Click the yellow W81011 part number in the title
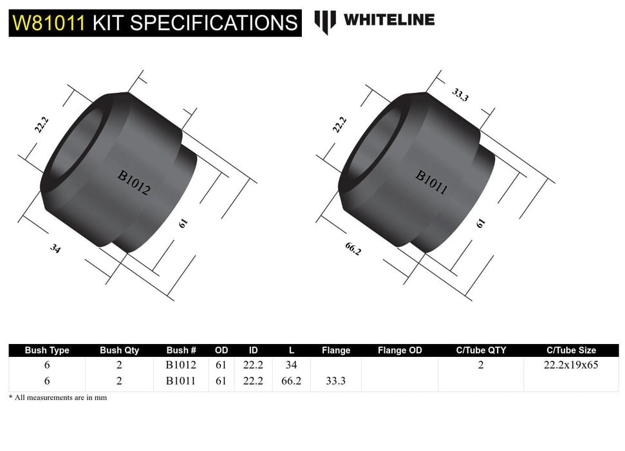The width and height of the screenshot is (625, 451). (x=49, y=23)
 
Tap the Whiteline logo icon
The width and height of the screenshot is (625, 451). (x=325, y=21)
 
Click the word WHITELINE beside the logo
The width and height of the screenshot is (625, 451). (x=389, y=19)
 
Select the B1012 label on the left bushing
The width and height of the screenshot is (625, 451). (x=133, y=182)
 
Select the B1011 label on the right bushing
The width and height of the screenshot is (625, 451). (x=431, y=182)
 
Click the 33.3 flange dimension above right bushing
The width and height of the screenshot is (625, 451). (x=459, y=95)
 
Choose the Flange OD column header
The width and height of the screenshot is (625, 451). (x=400, y=350)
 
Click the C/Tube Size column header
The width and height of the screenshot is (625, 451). (x=571, y=350)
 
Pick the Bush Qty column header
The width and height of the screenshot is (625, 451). (x=119, y=350)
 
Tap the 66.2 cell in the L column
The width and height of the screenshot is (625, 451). (x=292, y=381)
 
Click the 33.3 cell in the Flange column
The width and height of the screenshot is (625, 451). (x=335, y=381)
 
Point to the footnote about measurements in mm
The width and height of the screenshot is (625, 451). (x=58, y=398)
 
